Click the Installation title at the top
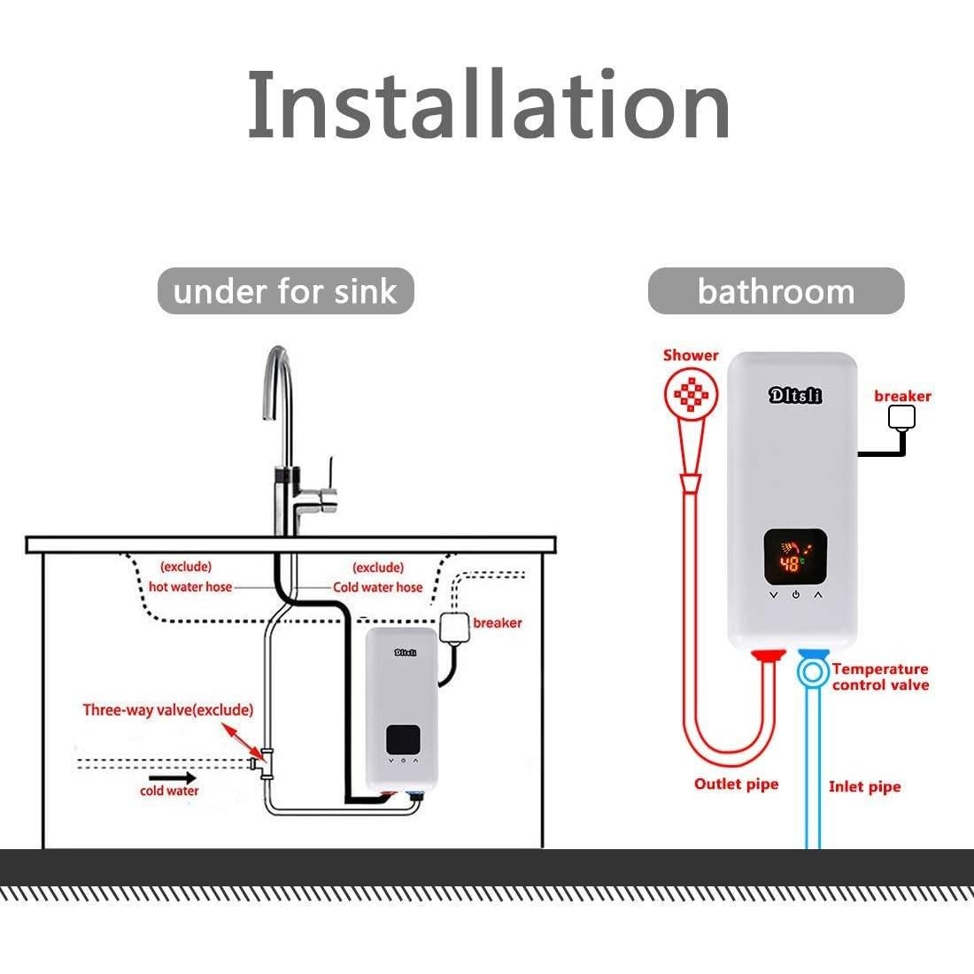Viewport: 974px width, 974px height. [488, 106]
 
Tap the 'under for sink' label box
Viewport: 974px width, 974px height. [285, 291]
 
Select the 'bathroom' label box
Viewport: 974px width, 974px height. [776, 291]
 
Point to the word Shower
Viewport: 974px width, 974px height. [691, 355]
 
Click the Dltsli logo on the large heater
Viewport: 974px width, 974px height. [794, 395]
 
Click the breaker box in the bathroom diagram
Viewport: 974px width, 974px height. [901, 416]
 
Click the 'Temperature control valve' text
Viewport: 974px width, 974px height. [880, 677]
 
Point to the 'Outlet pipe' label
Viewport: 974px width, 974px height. [736, 784]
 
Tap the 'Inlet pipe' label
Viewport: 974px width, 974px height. [864, 786]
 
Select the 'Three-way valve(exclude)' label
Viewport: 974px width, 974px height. [168, 710]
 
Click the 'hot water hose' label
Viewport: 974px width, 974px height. [190, 587]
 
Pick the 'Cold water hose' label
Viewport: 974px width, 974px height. [378, 587]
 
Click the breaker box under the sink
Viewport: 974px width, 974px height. [454, 628]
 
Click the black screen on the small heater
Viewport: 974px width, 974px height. [403, 740]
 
